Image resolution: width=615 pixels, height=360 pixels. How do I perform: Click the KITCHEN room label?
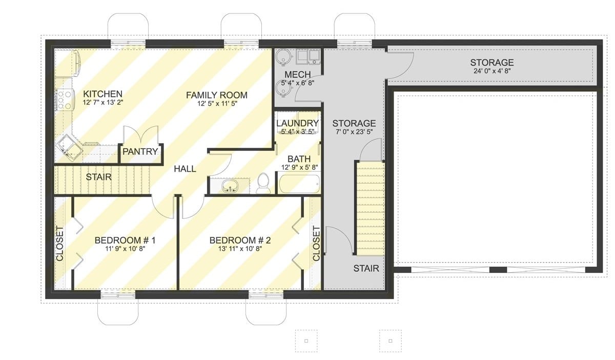coord(102,94)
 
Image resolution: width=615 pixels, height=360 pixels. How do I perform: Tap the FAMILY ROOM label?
coord(216,95)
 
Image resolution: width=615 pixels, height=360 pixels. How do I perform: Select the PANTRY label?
coord(140,152)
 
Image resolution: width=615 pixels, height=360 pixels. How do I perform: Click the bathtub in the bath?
coord(299,184)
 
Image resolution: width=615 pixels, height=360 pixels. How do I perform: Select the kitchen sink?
coord(67,145)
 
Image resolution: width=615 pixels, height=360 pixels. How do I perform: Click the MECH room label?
coord(298,75)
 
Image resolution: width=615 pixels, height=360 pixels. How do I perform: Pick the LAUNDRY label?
coord(297,124)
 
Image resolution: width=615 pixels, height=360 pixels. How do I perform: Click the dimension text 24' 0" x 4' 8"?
coord(491,71)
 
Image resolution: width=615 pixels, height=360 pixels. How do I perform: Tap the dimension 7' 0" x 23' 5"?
coord(354,132)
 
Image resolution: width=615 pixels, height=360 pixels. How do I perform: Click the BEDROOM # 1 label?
coord(125,240)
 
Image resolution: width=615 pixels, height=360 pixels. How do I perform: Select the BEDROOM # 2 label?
coord(240,240)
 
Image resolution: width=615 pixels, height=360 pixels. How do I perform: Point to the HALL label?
coord(184,169)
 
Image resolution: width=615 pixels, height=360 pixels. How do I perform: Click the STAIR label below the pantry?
coord(99,177)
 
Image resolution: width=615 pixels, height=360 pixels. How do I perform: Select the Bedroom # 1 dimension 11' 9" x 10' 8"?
coord(125,249)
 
